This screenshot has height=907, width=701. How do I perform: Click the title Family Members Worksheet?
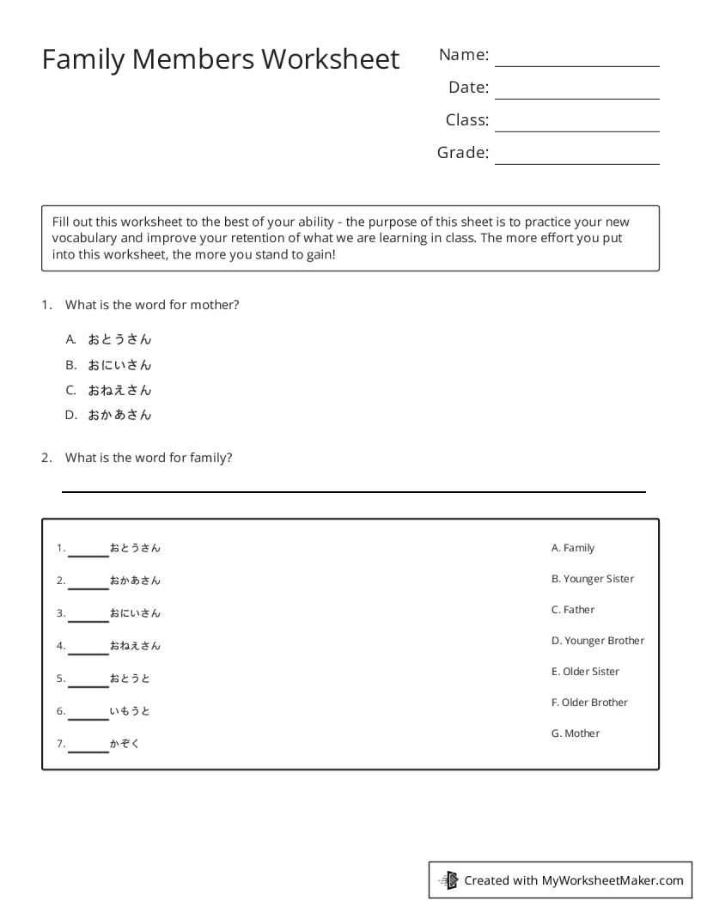221,59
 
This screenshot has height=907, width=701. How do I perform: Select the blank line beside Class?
576,130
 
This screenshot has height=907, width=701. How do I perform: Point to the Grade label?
462,153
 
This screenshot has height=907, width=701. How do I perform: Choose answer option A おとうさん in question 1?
119,339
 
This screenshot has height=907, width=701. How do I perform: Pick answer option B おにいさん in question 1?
119,365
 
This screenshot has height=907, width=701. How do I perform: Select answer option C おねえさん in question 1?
119,390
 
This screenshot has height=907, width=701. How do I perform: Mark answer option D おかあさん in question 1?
119,415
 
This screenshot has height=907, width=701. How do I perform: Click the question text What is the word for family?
149,458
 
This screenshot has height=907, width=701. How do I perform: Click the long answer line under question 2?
353,490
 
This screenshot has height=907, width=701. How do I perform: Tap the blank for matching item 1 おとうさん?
88,554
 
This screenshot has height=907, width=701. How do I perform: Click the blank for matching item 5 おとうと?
88,685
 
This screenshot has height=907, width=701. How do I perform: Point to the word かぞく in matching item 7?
125,744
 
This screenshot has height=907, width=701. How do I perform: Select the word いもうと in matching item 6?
130,711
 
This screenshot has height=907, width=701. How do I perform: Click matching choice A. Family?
573,548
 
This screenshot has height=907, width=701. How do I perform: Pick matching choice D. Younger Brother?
598,641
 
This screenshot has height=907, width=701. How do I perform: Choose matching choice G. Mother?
576,734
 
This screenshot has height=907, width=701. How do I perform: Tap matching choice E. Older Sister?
585,672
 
